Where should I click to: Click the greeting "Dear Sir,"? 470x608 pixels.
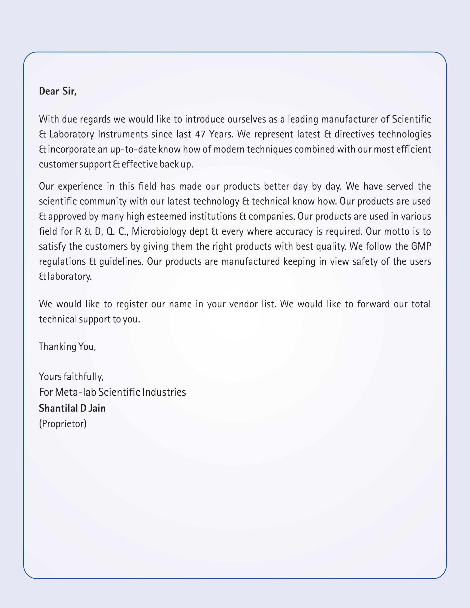click(x=58, y=91)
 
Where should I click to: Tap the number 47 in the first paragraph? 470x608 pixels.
click(x=200, y=134)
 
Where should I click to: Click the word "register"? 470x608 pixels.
click(x=131, y=304)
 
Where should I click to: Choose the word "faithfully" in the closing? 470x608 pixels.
click(x=83, y=377)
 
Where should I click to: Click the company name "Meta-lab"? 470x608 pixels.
click(x=76, y=392)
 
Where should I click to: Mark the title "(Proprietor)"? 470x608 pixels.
click(x=63, y=423)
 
